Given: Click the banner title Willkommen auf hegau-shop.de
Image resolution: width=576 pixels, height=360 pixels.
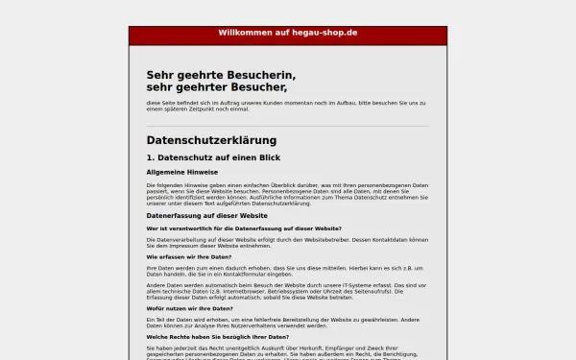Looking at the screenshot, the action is tap(287, 33).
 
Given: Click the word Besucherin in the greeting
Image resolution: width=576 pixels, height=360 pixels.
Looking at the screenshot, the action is tap(260, 75).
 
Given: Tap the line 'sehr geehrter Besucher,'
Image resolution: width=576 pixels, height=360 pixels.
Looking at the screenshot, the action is tap(217, 87).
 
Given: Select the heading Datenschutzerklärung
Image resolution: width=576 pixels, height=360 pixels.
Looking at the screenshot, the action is tap(211, 140).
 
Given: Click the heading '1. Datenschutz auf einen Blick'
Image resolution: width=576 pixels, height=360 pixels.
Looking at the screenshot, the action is tap(213, 157).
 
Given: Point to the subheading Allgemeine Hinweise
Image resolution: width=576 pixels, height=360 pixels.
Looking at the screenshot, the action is tap(182, 172).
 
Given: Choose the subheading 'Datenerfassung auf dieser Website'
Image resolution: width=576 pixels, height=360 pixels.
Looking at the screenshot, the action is tap(206, 216).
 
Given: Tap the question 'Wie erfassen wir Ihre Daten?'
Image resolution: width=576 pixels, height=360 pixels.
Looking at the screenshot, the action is tap(189, 257).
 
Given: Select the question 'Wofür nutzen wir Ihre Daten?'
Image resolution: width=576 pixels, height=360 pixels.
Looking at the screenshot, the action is tap(189, 307).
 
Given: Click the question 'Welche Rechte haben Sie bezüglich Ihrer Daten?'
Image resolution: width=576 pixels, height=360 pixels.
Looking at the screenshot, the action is tap(217, 337).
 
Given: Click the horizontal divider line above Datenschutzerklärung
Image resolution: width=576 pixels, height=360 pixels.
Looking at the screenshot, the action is tap(287, 126).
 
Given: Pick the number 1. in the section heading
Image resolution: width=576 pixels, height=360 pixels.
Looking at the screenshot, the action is tap(151, 157).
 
